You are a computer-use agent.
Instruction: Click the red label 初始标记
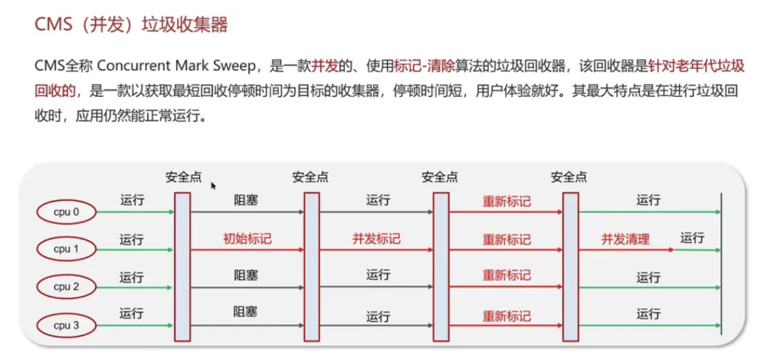click(247, 239)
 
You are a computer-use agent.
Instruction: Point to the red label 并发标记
click(376, 239)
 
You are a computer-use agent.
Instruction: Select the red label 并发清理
click(625, 239)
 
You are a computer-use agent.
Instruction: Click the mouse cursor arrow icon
click(213, 186)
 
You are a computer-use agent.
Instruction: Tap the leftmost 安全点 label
click(184, 177)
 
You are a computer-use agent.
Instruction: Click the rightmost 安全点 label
click(569, 177)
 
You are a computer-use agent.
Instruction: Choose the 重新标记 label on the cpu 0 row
click(507, 202)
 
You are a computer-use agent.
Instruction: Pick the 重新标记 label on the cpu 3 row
click(507, 316)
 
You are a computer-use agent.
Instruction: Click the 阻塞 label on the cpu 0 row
click(246, 201)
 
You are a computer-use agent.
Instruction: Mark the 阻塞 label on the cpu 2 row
click(246, 275)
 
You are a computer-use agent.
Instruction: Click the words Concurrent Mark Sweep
click(176, 66)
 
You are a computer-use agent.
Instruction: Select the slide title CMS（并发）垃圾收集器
click(131, 24)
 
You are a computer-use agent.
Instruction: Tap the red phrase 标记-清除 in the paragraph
click(424, 66)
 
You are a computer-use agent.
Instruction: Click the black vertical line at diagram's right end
click(721, 264)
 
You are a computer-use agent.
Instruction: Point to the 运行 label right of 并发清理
click(692, 238)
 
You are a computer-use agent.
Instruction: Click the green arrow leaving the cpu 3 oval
click(135, 325)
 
